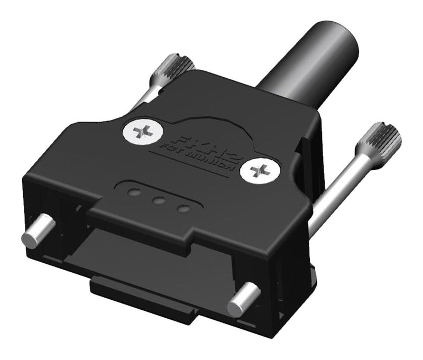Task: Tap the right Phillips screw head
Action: click(259, 170)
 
